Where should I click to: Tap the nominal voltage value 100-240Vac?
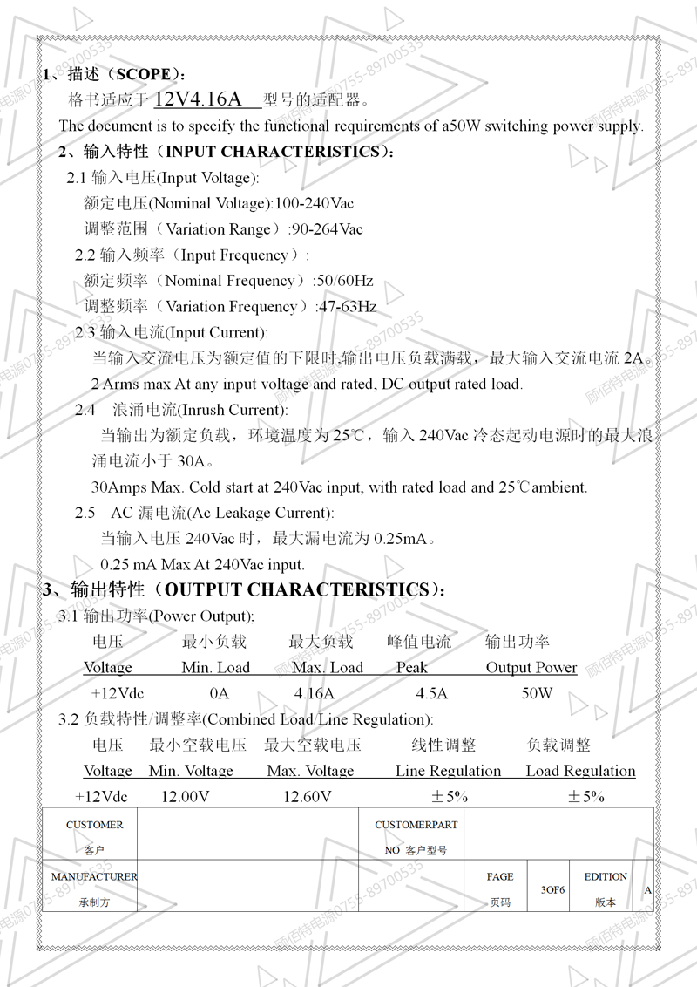coord(315,203)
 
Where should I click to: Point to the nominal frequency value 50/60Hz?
coord(345,281)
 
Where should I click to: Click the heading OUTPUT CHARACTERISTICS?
coord(296,589)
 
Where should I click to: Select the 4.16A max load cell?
coord(315,694)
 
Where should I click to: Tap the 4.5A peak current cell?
coord(431,694)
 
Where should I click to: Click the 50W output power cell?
coord(537,694)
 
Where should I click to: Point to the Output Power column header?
coord(531,668)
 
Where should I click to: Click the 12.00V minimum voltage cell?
coord(186,796)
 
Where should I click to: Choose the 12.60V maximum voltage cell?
coord(308,796)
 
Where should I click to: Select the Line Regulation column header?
coord(448,771)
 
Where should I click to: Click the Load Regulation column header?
coord(580,771)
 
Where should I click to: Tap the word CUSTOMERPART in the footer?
coord(416,825)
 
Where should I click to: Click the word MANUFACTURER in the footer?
coord(94,876)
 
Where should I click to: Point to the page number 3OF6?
coord(553,890)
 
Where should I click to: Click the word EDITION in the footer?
coord(606,876)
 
